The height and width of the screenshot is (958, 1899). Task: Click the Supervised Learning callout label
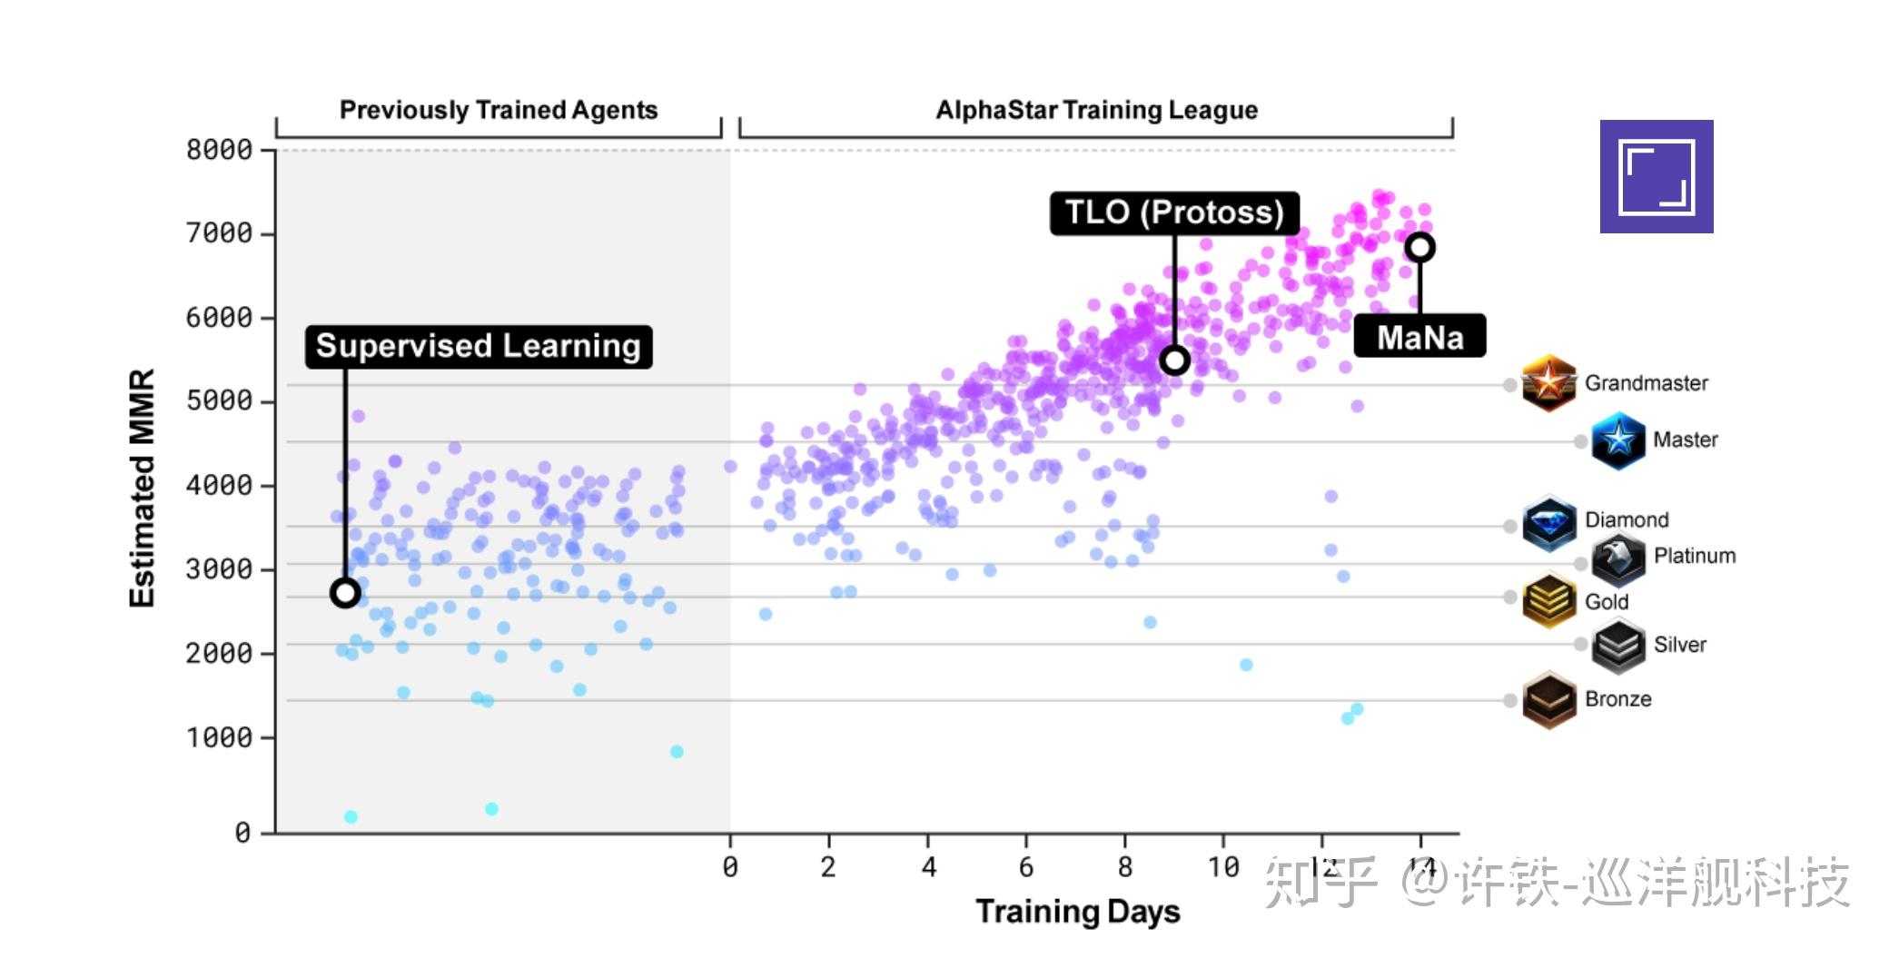479,346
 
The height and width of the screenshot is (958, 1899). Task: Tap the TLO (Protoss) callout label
1174,212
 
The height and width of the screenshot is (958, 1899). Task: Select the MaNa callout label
1419,337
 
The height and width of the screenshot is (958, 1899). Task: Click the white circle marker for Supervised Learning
345,593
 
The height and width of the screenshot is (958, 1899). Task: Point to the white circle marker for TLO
1174,360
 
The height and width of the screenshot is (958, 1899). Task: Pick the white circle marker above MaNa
1419,247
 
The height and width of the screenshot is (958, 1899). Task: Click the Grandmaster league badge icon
1548,383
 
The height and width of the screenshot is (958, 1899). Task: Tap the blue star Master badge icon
1617,440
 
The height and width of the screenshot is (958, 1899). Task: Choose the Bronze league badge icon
1548,699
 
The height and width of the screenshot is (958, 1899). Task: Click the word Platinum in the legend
1695,556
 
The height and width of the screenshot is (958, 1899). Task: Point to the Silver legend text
1679,645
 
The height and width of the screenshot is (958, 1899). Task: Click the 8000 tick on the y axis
219,150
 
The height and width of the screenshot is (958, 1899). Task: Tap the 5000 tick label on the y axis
219,401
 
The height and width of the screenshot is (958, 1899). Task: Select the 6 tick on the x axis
1026,867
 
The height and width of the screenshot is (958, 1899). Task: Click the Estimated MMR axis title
143,488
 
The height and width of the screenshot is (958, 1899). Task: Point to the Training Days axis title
1077,911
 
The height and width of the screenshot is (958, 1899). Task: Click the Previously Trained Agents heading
498,110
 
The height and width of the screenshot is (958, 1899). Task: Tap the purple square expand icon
1657,176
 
